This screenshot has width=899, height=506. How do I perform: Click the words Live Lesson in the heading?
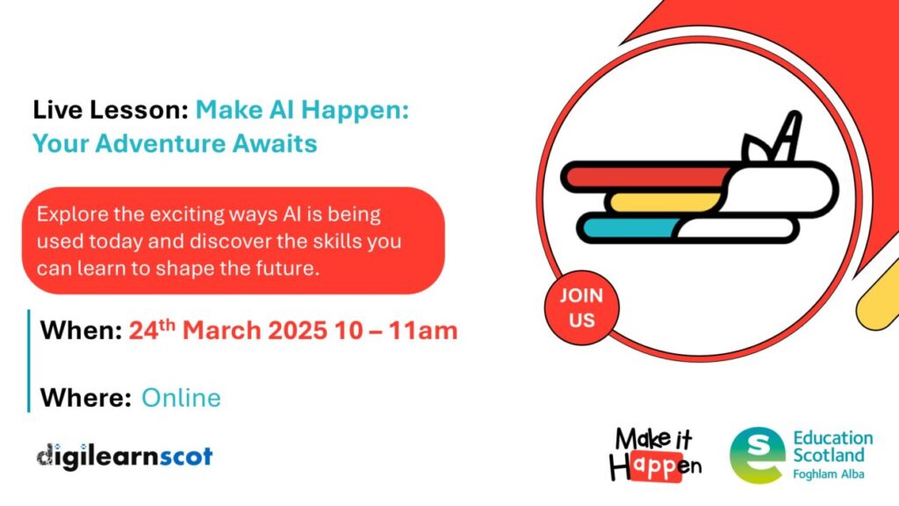[x=110, y=110]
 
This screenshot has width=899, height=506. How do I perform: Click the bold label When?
[x=81, y=330]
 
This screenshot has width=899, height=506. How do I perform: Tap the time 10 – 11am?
[x=396, y=330]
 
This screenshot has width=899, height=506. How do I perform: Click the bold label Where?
[x=86, y=398]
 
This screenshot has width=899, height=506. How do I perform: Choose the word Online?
[x=181, y=398]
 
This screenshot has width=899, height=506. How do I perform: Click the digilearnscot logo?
[x=125, y=457]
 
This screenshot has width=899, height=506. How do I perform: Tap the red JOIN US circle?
[x=581, y=308]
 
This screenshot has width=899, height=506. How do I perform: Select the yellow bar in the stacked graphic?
[x=665, y=202]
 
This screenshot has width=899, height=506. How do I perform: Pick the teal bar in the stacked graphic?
[x=629, y=228]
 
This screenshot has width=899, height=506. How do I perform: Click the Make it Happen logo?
[x=655, y=454]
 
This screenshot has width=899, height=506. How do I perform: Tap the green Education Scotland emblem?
[x=758, y=455]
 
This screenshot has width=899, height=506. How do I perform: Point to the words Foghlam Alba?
[x=829, y=473]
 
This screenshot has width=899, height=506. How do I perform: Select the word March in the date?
[x=221, y=330]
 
